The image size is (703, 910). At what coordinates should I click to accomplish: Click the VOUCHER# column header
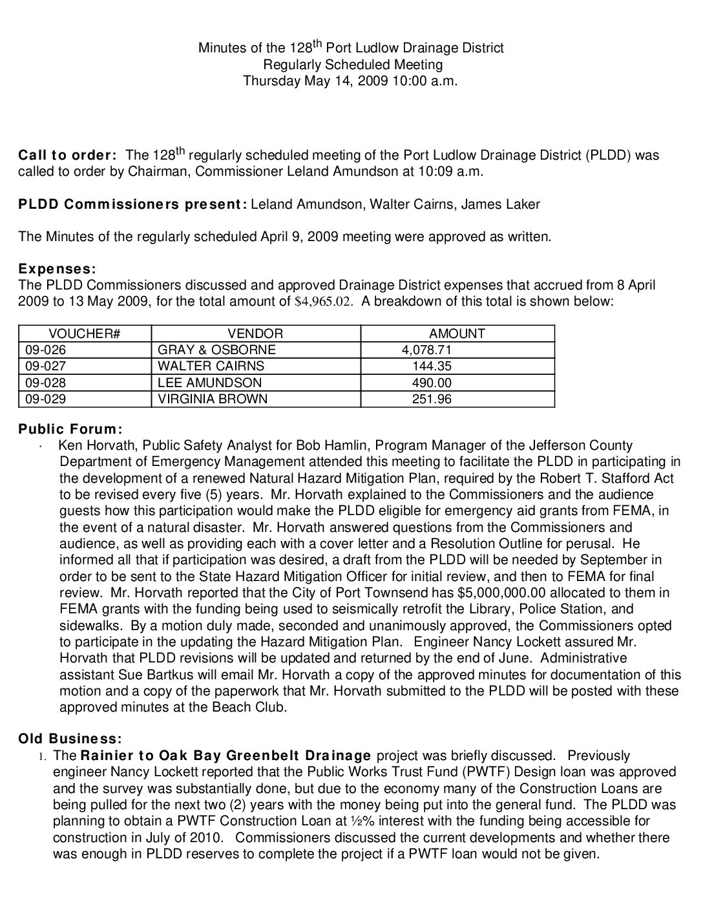[85, 333]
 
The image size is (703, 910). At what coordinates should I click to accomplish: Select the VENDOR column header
[255, 333]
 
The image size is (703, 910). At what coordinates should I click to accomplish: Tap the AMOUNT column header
[457, 333]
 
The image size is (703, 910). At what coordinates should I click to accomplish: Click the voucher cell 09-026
[46, 350]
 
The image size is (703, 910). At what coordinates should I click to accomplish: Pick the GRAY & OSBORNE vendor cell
[216, 350]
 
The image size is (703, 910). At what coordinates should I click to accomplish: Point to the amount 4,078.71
[426, 350]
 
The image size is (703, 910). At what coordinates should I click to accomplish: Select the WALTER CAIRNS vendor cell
[211, 366]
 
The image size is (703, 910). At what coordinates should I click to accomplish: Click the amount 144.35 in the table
[432, 366]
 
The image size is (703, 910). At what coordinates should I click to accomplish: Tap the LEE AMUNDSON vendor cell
[209, 383]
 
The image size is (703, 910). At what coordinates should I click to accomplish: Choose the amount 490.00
[432, 383]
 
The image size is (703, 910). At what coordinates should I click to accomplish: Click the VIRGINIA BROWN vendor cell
[213, 399]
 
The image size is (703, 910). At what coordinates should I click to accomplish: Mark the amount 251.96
[432, 399]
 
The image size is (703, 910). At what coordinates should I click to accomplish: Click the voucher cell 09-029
[46, 399]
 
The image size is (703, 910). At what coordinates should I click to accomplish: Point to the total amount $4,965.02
[324, 301]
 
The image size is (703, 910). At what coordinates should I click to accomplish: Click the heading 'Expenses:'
[57, 269]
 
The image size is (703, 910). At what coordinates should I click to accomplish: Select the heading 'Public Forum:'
[70, 429]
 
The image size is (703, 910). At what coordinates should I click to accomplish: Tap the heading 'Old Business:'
[70, 739]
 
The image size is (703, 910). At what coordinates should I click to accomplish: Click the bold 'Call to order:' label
[67, 156]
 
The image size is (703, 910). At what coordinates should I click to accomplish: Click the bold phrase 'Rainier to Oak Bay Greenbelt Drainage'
[226, 756]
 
